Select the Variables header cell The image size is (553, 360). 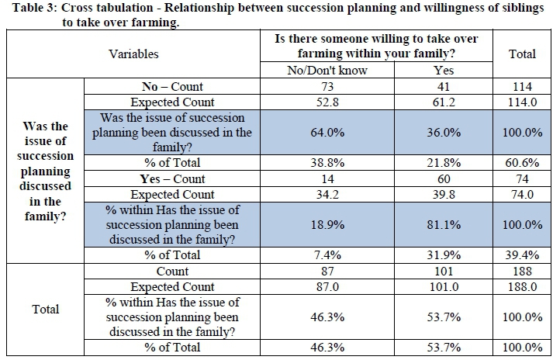(133, 54)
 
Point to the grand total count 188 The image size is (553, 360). (522, 272)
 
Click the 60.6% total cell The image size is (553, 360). (522, 163)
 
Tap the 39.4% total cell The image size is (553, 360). (522, 255)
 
